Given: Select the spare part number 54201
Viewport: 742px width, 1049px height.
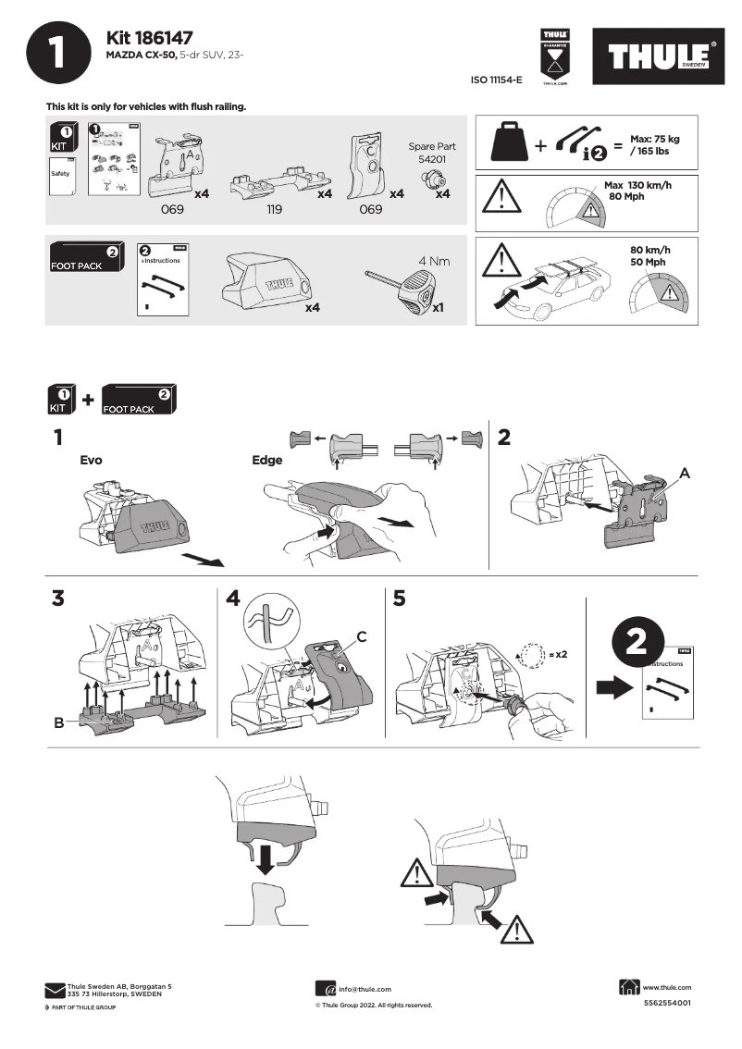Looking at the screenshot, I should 432,160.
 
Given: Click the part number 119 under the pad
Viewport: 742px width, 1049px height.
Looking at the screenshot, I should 274,210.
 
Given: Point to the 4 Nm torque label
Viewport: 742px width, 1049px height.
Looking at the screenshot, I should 433,261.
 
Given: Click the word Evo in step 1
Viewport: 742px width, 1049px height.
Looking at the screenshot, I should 92,460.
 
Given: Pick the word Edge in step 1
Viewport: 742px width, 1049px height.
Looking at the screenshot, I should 267,460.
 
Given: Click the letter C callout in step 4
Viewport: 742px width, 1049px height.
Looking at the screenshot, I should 363,636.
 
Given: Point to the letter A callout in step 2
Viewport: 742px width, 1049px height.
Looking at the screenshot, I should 685,473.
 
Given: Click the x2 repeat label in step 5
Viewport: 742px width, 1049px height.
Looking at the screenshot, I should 556,654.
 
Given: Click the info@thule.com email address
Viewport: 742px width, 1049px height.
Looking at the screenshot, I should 365,989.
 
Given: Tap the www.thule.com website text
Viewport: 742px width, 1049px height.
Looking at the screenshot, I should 666,987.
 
